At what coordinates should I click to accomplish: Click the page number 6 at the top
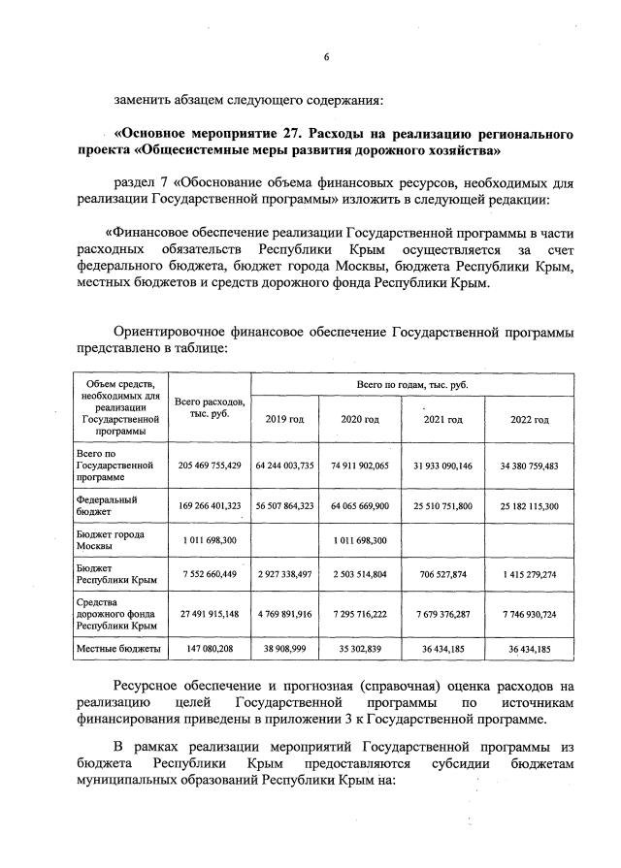tap(326, 57)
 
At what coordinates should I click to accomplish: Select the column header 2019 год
tap(285, 419)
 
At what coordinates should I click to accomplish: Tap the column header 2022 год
tap(530, 419)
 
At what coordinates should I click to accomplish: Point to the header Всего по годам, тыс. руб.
tap(412, 385)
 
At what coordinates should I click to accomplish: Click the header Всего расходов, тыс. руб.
tap(210, 408)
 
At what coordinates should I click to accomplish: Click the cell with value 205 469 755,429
tap(210, 466)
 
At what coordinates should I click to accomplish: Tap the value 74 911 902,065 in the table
tap(360, 466)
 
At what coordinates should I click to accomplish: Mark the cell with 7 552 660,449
tap(210, 574)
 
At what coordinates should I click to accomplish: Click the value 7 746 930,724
tap(530, 615)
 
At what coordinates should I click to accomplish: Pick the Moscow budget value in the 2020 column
tap(360, 540)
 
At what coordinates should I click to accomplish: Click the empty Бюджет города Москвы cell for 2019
tap(285, 540)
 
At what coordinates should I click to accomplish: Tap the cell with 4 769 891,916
tap(285, 615)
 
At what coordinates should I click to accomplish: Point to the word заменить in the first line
tap(144, 99)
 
